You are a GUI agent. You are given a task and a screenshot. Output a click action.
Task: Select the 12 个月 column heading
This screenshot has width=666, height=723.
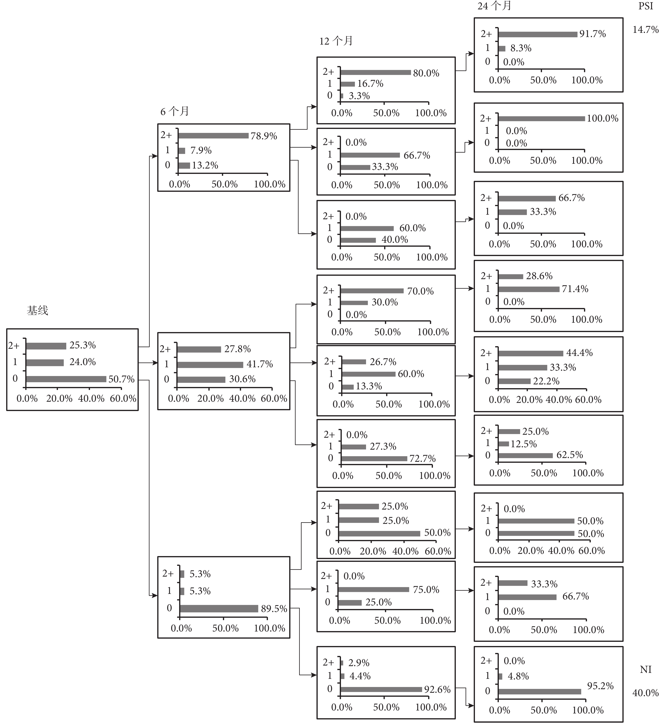coord(336,41)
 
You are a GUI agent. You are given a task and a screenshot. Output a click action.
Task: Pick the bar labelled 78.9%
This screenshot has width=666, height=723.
coord(213,136)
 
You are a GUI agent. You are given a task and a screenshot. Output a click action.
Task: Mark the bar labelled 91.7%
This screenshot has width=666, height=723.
coord(538,35)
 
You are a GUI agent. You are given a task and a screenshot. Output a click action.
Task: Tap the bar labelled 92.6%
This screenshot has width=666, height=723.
coord(381,690)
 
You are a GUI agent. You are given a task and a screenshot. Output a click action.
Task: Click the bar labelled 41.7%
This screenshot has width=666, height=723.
coord(210,364)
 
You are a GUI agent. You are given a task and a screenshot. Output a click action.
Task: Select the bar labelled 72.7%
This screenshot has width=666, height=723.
coord(374,459)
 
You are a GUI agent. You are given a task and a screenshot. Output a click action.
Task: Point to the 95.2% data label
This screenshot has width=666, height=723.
coord(600,686)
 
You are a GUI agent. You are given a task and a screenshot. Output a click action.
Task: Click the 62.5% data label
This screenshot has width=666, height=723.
coord(569,455)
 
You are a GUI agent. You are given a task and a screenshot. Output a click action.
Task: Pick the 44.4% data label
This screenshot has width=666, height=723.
coord(579,353)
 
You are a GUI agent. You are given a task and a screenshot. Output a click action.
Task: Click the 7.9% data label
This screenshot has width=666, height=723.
coord(201,150)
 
